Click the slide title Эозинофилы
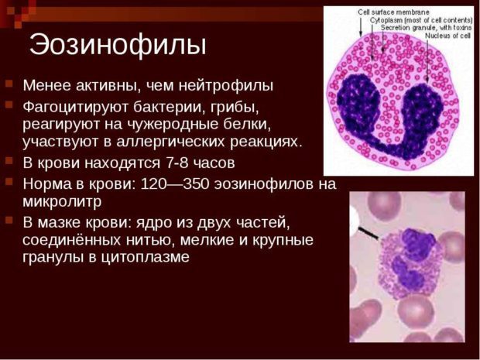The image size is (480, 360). (118, 45)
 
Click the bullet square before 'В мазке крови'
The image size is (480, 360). (9, 221)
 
